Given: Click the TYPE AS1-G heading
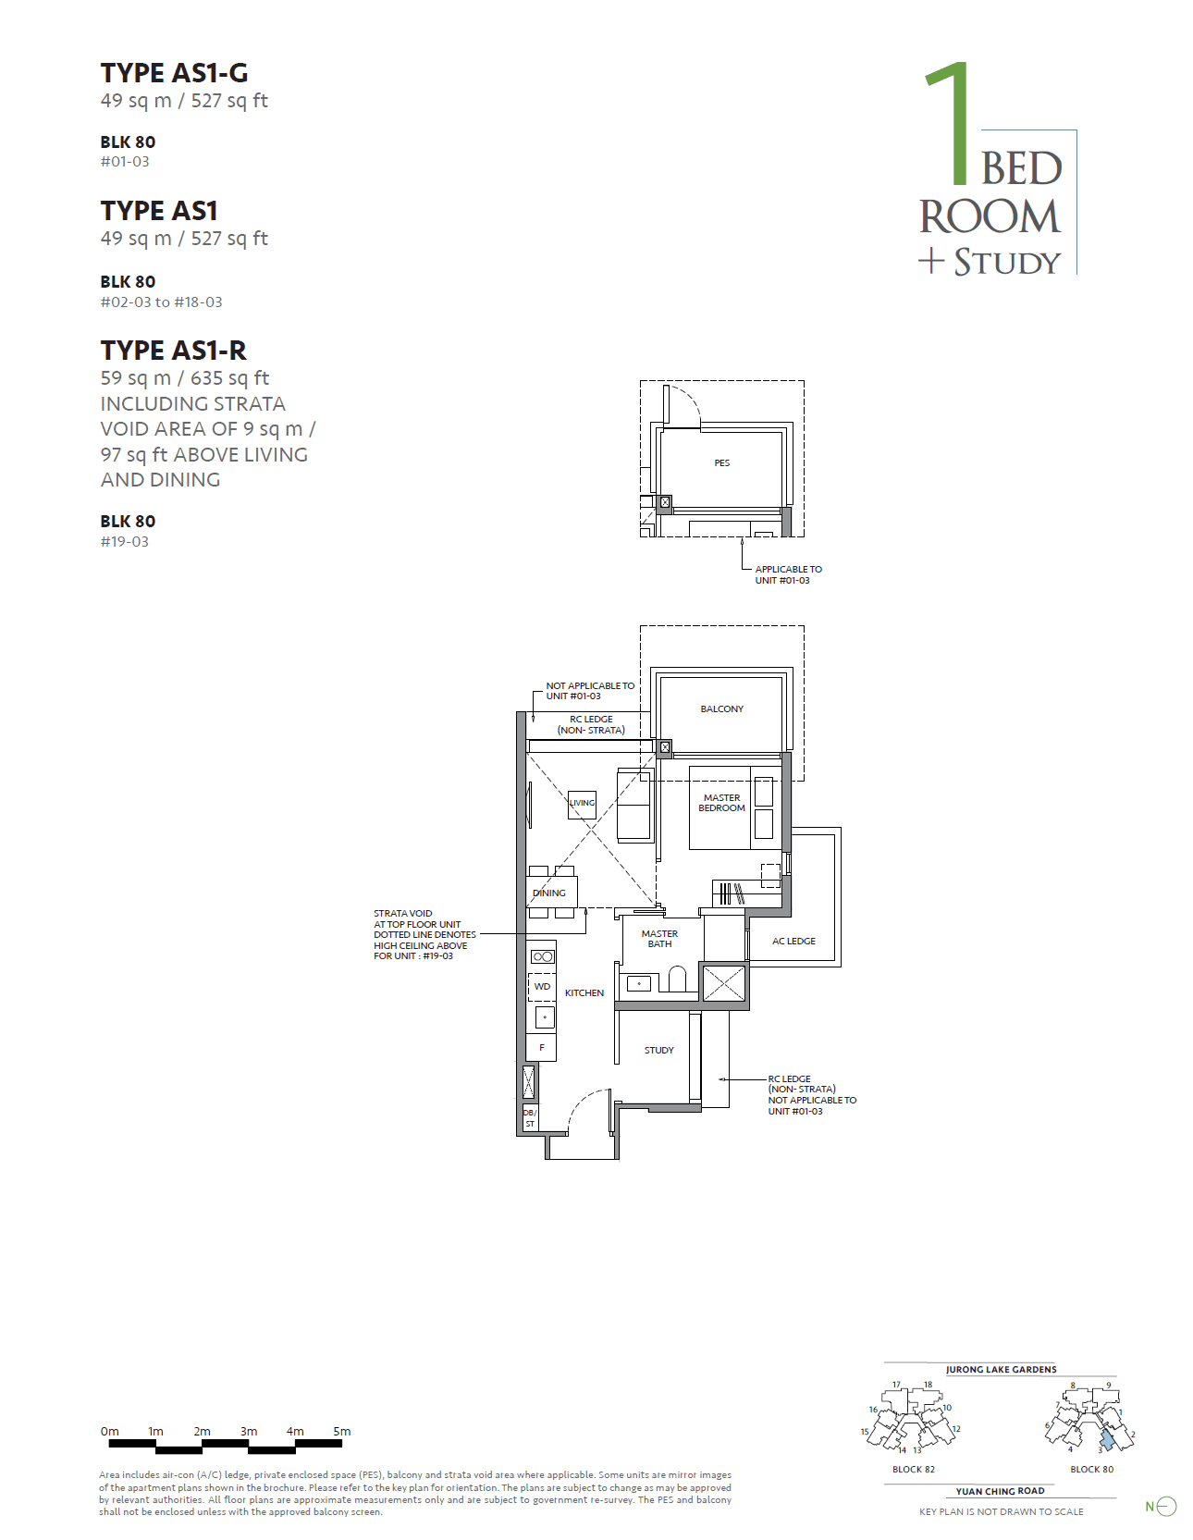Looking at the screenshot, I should [x=174, y=73].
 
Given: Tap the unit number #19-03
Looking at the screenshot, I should [x=124, y=542].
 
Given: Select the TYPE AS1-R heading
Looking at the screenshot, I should [x=173, y=351].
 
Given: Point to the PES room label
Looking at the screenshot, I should [x=721, y=462].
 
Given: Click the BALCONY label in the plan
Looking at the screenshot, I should [x=721, y=709].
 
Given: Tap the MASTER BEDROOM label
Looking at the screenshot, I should [x=721, y=803].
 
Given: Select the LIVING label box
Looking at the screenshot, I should [x=582, y=804].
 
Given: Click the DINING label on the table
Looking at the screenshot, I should [x=549, y=893].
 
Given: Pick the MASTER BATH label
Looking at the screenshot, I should [x=659, y=939].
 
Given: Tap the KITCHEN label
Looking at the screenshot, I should [x=584, y=993].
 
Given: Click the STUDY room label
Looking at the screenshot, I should [x=658, y=1051].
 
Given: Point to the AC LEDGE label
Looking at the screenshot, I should [x=793, y=942].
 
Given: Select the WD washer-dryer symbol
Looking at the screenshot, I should [x=542, y=987].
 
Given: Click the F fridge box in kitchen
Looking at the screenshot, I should [x=542, y=1048].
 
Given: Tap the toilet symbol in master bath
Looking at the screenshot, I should [x=678, y=979].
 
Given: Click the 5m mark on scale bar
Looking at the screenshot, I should [x=341, y=1432].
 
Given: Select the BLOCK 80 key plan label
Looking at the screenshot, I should [x=1091, y=1470].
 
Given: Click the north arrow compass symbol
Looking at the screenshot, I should [x=1165, y=1507].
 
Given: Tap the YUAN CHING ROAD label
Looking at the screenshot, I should [x=1000, y=1491].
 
